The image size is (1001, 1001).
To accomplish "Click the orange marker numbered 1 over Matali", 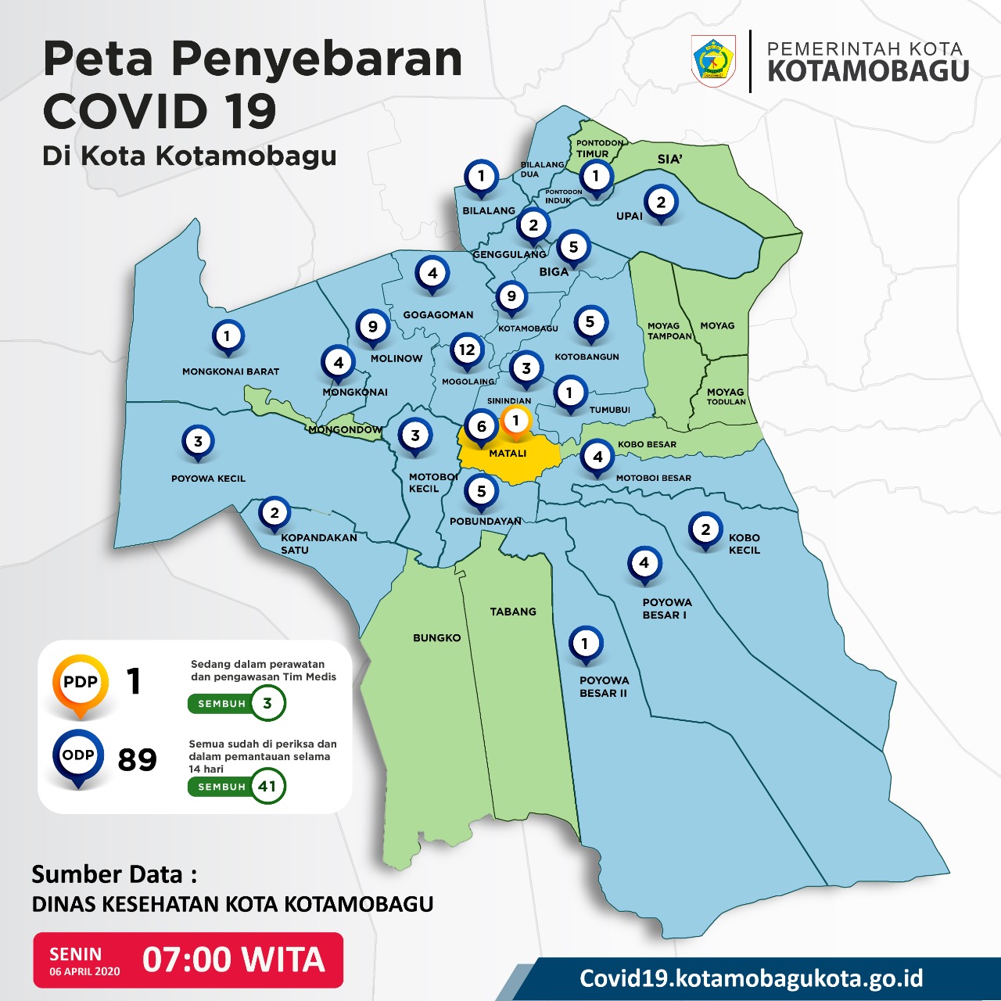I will pos(515,422).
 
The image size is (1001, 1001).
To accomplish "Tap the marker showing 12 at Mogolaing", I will pos(467,350).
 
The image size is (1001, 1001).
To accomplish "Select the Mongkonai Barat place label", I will pos(231,371).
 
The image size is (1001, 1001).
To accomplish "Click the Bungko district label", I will pos(436,638).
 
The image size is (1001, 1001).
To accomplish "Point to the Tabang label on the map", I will pos(513,612).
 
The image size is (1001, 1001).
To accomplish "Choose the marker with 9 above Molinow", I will pos(373,327).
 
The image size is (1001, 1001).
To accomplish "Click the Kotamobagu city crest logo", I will pos(713,60).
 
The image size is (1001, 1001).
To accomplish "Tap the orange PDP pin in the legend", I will pos(81,683).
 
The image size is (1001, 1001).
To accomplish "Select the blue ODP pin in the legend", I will pos(78,756).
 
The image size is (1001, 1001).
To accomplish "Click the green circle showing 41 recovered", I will pos(267,786).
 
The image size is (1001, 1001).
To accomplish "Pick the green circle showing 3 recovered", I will pos(267,703).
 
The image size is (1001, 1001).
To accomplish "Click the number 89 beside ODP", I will pos(138,759).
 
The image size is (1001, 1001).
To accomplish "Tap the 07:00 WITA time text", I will pos(233,960).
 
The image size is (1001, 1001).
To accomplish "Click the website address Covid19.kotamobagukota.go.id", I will pos(751,978).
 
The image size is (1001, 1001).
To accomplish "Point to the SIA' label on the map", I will pos(669,160).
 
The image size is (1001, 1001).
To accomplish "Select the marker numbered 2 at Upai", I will pos(661,203).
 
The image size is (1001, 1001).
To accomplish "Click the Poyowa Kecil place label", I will pos(208,479).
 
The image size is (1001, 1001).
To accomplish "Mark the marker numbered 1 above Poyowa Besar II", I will pos(584,644).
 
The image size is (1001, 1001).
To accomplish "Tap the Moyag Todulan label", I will pos(726,396).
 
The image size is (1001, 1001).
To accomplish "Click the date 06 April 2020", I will pos(84,971).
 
